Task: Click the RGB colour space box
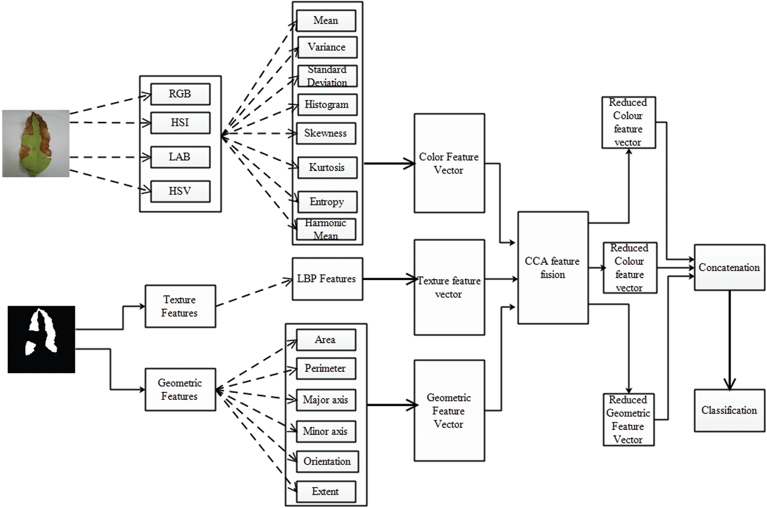(x=180, y=94)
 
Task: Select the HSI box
(x=180, y=123)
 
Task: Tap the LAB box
(x=180, y=157)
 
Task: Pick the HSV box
(x=180, y=191)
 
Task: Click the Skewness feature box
(x=326, y=133)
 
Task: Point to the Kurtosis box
(x=327, y=167)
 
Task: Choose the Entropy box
(x=327, y=202)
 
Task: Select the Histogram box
(x=327, y=104)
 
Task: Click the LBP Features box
(x=327, y=279)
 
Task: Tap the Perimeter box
(x=326, y=368)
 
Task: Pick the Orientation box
(x=327, y=461)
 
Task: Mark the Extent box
(x=326, y=492)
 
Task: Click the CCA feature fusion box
(x=553, y=268)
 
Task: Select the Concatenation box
(x=730, y=267)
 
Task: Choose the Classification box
(x=730, y=410)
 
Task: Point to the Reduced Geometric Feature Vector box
(x=629, y=420)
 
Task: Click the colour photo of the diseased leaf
(x=36, y=143)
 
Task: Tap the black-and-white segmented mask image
(x=41, y=339)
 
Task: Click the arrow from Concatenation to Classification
(x=730, y=340)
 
